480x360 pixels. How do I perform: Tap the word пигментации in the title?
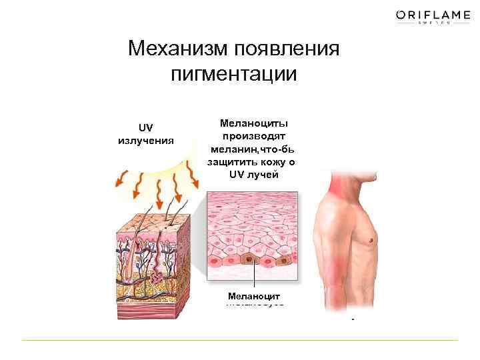pyautogui.click(x=233, y=73)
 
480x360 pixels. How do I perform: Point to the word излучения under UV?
pyautogui.click(x=145, y=140)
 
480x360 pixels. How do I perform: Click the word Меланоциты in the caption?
pyautogui.click(x=254, y=123)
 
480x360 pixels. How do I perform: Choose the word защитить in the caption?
pyautogui.click(x=233, y=161)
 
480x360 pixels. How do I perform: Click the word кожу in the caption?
pyautogui.click(x=275, y=161)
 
